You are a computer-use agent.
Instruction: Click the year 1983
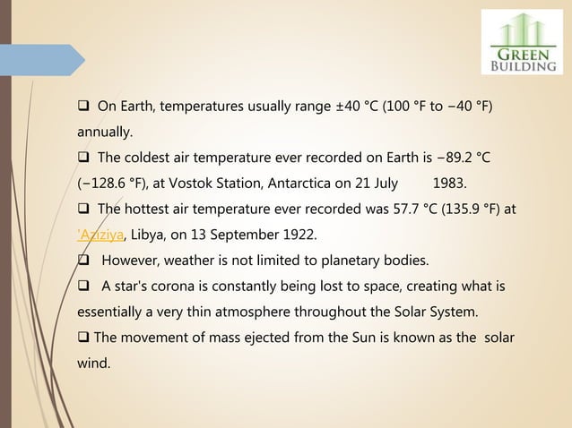click(449, 184)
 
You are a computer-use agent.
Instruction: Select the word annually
click(102, 133)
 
